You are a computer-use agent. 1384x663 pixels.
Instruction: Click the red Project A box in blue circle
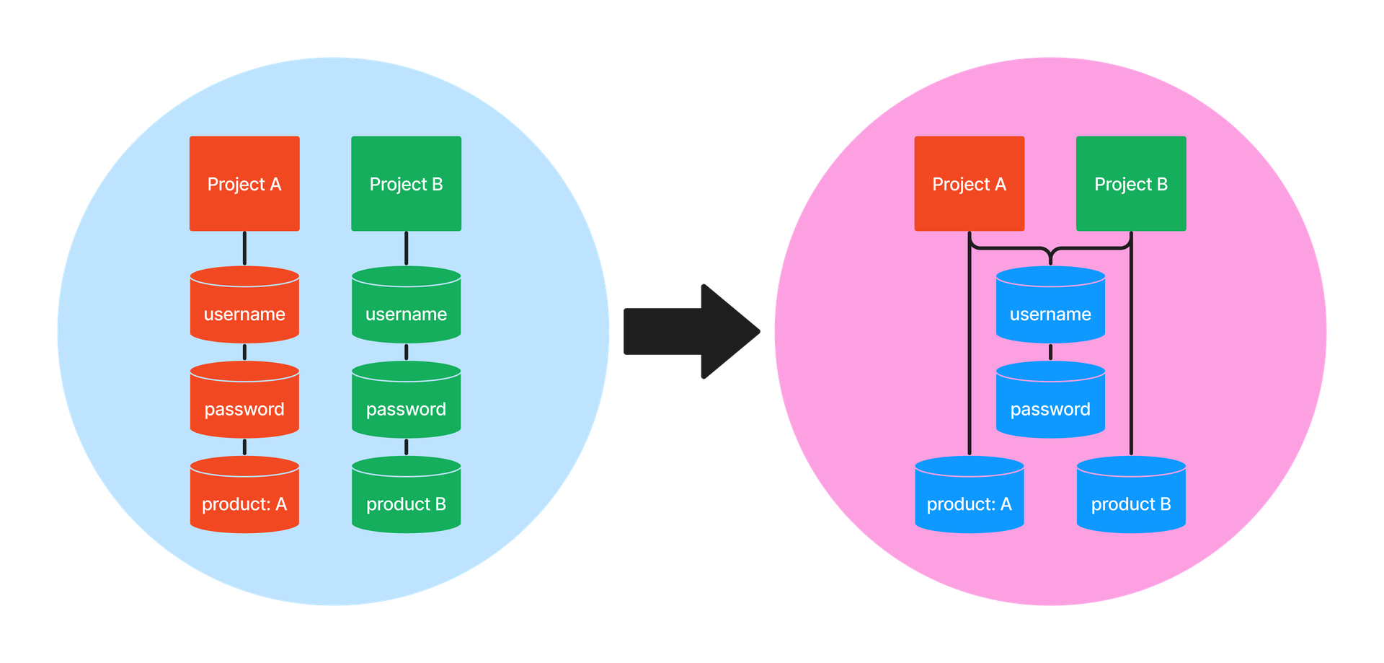(244, 183)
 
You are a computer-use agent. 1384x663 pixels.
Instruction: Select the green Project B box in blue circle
(406, 183)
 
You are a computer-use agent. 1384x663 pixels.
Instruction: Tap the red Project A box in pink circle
(969, 183)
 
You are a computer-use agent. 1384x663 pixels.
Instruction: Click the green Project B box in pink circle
(1130, 183)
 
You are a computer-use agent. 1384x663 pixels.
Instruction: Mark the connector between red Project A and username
(244, 248)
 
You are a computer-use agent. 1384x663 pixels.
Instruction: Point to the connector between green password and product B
(406, 447)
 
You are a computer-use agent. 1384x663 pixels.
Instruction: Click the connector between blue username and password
(1050, 352)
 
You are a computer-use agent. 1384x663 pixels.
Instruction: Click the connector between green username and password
(406, 352)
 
